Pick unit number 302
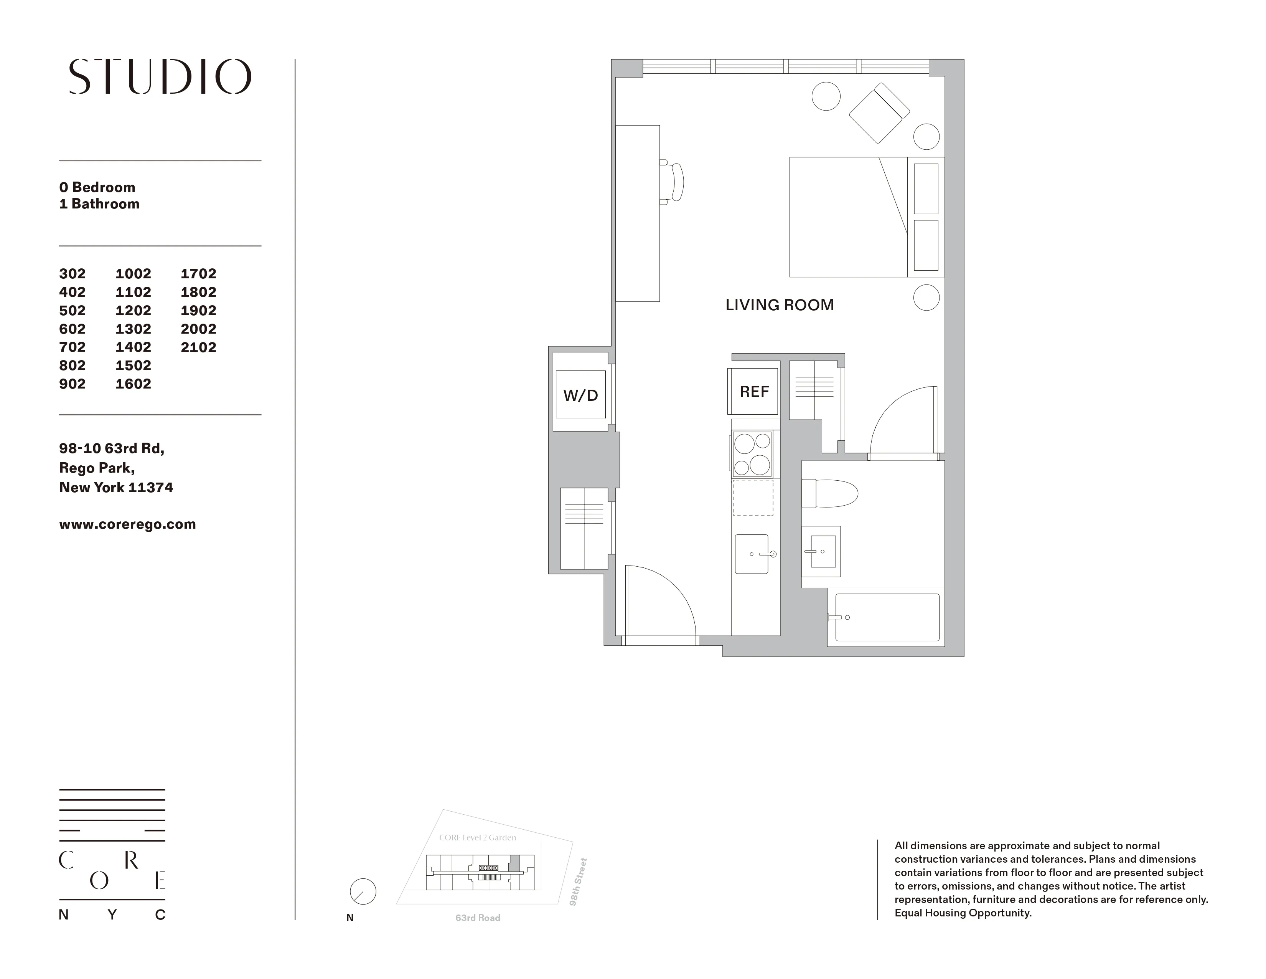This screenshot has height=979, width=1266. click(73, 273)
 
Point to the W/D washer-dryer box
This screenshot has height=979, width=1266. click(580, 395)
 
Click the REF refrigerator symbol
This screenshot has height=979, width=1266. click(753, 392)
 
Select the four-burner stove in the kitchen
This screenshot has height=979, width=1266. click(752, 453)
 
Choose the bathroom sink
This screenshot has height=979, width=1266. click(821, 552)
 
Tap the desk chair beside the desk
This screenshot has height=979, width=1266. click(673, 182)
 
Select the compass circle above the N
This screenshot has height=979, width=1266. click(363, 891)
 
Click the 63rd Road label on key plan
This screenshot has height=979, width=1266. click(477, 918)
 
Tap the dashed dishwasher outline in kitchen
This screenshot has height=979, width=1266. click(752, 497)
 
